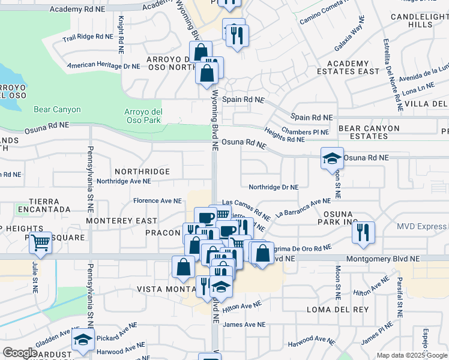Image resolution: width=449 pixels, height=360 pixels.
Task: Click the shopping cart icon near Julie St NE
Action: pyautogui.click(x=40, y=243)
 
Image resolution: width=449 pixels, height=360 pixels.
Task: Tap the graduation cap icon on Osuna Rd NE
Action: pyautogui.click(x=332, y=159)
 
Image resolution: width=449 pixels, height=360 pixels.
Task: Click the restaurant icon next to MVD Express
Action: pyautogui.click(x=363, y=232)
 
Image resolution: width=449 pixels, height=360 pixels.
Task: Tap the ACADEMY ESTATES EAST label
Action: pyautogui.click(x=352, y=67)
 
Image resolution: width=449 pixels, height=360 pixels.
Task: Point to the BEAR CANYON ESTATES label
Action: pyautogui.click(x=369, y=132)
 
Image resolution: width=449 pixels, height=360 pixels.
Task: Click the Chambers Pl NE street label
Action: pyautogui.click(x=306, y=131)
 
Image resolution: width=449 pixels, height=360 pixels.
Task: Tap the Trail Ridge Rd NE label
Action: pyautogui.click(x=88, y=37)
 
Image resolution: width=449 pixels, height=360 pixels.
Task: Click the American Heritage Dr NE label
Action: pyautogui.click(x=103, y=65)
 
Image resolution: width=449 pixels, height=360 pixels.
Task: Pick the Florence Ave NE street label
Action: pyautogui.click(x=157, y=200)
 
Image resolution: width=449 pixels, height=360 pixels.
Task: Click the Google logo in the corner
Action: pyautogui.click(x=19, y=353)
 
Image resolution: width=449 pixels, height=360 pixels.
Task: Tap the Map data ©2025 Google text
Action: pyautogui.click(x=411, y=355)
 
